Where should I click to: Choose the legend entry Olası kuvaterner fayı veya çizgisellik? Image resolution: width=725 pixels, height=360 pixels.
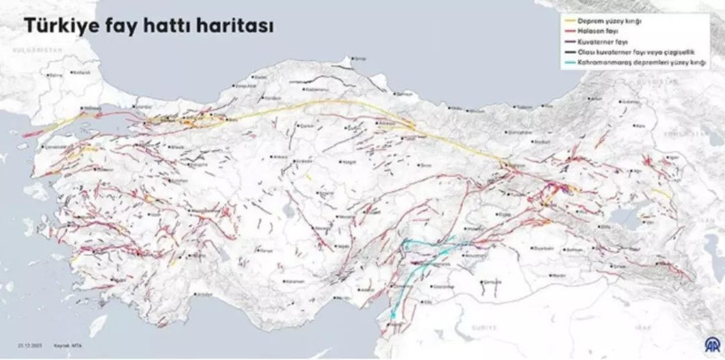click(632, 52)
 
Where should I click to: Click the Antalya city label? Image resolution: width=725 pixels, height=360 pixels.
click(203, 293)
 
